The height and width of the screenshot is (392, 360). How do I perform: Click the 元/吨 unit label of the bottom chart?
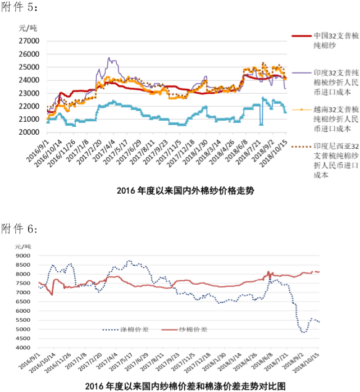[24, 246]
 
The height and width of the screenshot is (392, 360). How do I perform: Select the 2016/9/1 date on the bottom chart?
[29, 361]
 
